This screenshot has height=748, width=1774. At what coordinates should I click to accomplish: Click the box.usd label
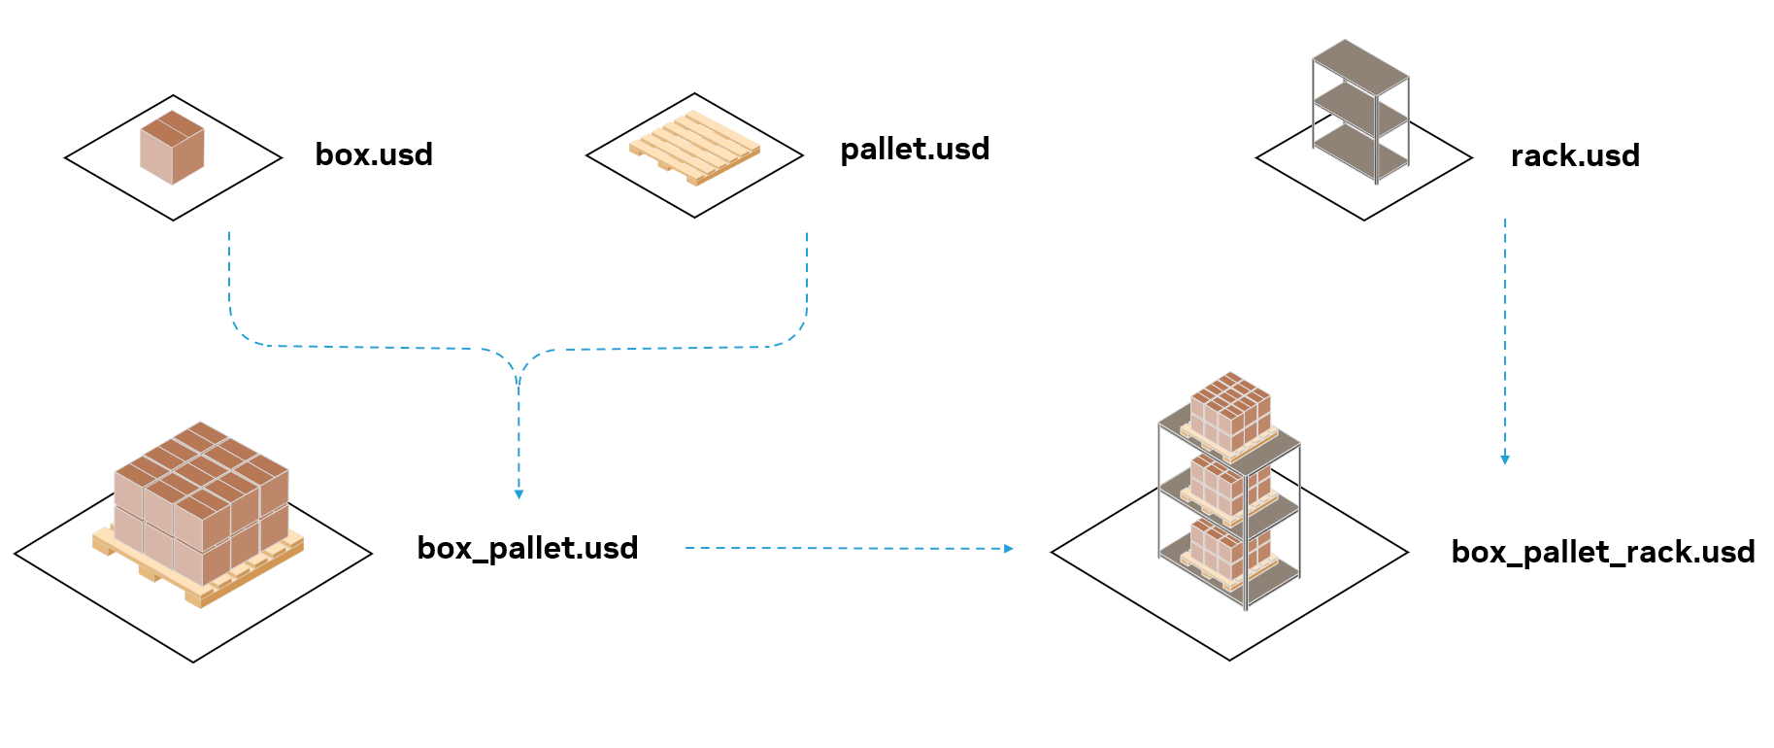click(x=374, y=154)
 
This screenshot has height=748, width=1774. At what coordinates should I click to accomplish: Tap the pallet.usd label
click(x=915, y=149)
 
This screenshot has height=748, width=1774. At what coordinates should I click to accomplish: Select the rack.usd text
click(x=1575, y=155)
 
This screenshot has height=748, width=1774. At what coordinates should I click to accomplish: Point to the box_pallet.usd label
click(x=527, y=548)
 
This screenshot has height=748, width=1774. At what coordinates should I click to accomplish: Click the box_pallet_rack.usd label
click(x=1602, y=552)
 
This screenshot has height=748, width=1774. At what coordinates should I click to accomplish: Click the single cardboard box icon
click(x=172, y=148)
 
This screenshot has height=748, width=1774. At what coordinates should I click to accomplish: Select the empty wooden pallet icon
click(x=694, y=148)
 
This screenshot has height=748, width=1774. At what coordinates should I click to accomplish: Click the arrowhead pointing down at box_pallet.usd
click(x=519, y=494)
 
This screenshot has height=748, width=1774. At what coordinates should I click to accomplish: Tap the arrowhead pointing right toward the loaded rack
click(x=1009, y=549)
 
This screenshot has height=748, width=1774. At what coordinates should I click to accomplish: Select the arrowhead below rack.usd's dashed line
click(x=1505, y=459)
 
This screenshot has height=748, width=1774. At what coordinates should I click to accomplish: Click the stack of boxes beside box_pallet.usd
click(x=202, y=495)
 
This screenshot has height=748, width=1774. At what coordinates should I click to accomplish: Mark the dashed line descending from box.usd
click(x=229, y=282)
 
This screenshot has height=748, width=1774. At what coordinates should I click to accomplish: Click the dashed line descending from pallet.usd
click(x=807, y=282)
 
